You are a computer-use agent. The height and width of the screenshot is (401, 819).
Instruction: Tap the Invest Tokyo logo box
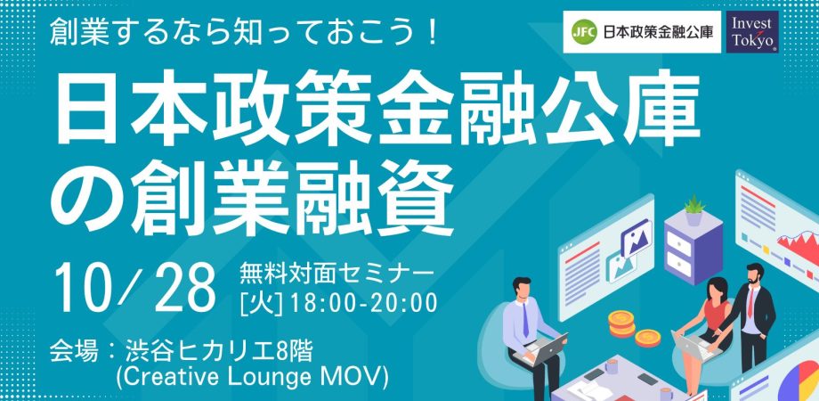click(751, 31)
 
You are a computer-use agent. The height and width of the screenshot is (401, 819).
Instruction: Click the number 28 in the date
click(184, 288)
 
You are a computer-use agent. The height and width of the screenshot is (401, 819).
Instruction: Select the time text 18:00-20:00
click(364, 304)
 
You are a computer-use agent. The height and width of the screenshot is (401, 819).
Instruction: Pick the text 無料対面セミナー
click(337, 274)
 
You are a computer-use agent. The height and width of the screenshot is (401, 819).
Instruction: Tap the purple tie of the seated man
click(525, 320)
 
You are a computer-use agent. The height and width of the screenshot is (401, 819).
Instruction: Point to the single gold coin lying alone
click(648, 338)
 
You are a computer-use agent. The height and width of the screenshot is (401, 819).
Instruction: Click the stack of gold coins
click(621, 323)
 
